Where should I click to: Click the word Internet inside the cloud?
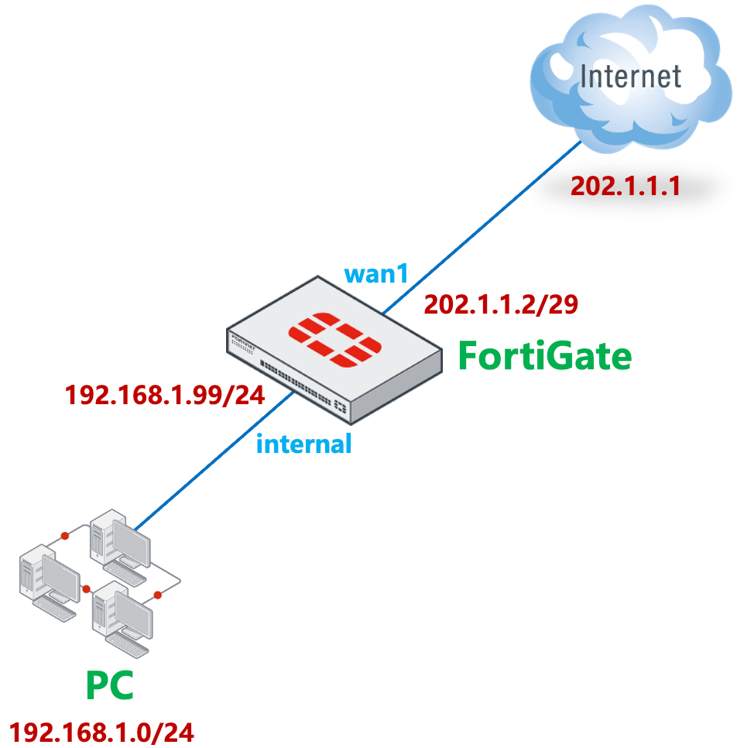point(630,77)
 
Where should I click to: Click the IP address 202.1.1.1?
point(626,187)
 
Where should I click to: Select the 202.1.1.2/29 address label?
point(501,304)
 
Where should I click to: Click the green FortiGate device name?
point(545,357)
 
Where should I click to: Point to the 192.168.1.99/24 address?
point(165,395)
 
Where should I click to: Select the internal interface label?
point(303,444)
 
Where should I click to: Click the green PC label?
point(109,685)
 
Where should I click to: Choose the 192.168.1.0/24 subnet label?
point(101,732)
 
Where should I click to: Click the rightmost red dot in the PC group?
point(157,595)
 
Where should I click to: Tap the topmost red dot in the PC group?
point(63,536)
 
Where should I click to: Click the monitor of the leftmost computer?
point(59,577)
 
